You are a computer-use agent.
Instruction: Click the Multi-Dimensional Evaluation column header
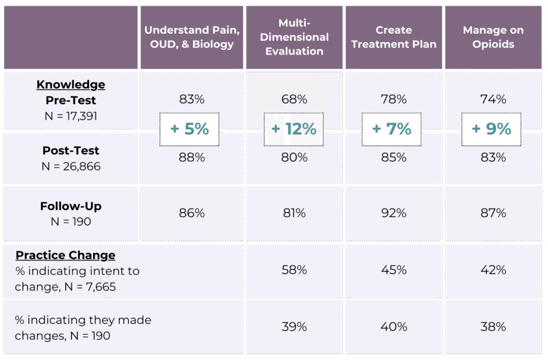click(x=294, y=37)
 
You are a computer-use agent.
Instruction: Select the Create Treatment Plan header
click(x=393, y=37)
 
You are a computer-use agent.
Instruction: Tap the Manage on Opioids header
click(x=493, y=37)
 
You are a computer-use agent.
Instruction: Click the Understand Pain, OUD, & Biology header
click(x=192, y=37)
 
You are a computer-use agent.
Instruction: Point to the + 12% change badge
click(x=294, y=129)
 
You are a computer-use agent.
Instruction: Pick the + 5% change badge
click(x=189, y=129)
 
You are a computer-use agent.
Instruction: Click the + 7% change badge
click(x=392, y=129)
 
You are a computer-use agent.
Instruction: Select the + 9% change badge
click(x=492, y=129)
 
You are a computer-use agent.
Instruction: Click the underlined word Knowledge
click(x=71, y=85)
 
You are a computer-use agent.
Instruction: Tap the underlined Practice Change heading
click(x=65, y=255)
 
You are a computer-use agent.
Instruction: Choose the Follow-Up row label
click(x=71, y=206)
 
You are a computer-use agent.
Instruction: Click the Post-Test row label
click(x=71, y=150)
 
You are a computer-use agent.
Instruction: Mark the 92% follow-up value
click(x=394, y=213)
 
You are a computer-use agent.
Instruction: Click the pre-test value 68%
click(x=294, y=99)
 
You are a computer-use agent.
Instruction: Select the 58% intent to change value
click(x=294, y=270)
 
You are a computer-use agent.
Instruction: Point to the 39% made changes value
click(x=294, y=327)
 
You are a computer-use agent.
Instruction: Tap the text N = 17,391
click(x=71, y=115)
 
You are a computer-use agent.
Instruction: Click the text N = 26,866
click(x=71, y=166)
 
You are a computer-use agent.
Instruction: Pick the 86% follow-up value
click(x=192, y=213)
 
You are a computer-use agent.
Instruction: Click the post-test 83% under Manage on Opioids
click(x=493, y=157)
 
